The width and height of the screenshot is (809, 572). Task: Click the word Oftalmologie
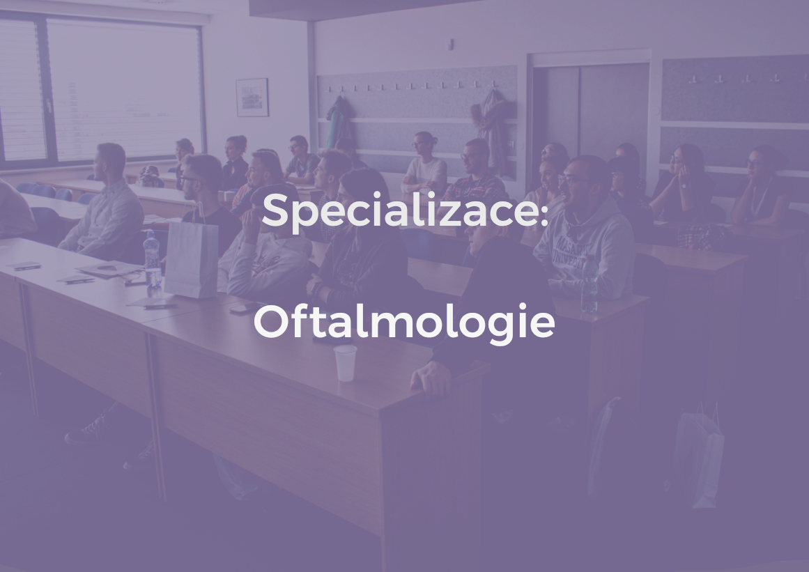click(403, 323)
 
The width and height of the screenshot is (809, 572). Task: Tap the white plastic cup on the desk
click(345, 363)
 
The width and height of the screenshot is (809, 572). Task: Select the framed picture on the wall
click(252, 97)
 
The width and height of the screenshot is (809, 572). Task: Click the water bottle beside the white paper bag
click(152, 261)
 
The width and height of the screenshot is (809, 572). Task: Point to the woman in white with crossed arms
click(425, 167)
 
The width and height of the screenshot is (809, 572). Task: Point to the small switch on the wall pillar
click(452, 43)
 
